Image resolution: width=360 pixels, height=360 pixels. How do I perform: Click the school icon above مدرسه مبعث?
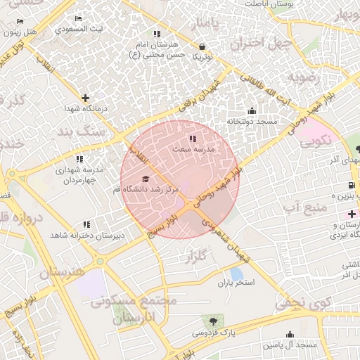pyautogui.click(x=193, y=139)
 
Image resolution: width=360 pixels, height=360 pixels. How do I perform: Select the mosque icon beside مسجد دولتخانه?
pyautogui.click(x=252, y=110)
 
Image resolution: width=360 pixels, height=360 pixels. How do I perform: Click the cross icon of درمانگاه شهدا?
pyautogui.click(x=85, y=98)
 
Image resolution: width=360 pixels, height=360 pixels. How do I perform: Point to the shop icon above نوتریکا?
pyautogui.click(x=202, y=46)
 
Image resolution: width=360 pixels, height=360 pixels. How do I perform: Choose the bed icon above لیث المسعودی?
pyautogui.click(x=77, y=19)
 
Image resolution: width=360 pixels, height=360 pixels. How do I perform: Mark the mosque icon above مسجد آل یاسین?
pyautogui.click(x=290, y=335)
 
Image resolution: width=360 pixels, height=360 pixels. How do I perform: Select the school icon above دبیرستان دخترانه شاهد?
pyautogui.click(x=86, y=224)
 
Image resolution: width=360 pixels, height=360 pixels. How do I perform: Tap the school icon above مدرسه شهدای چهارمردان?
pyautogui.click(x=79, y=160)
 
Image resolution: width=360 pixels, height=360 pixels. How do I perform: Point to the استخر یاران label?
pyautogui.click(x=235, y=282)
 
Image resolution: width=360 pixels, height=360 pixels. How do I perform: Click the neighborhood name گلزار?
pyautogui.click(x=201, y=258)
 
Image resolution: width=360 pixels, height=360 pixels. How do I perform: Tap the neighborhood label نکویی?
pyautogui.click(x=316, y=141)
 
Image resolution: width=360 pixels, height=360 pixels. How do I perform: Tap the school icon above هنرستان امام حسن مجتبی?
pyautogui.click(x=156, y=34)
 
